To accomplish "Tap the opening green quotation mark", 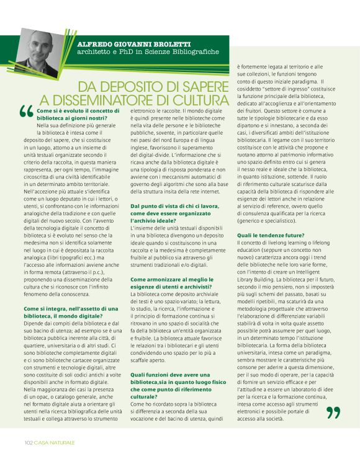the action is pos(26,112).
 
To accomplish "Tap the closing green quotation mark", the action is pos(333,412).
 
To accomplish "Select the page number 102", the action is pos(29,442).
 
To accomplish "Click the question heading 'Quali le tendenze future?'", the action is pos(271,235).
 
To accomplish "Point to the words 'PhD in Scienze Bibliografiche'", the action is pos(163,52).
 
